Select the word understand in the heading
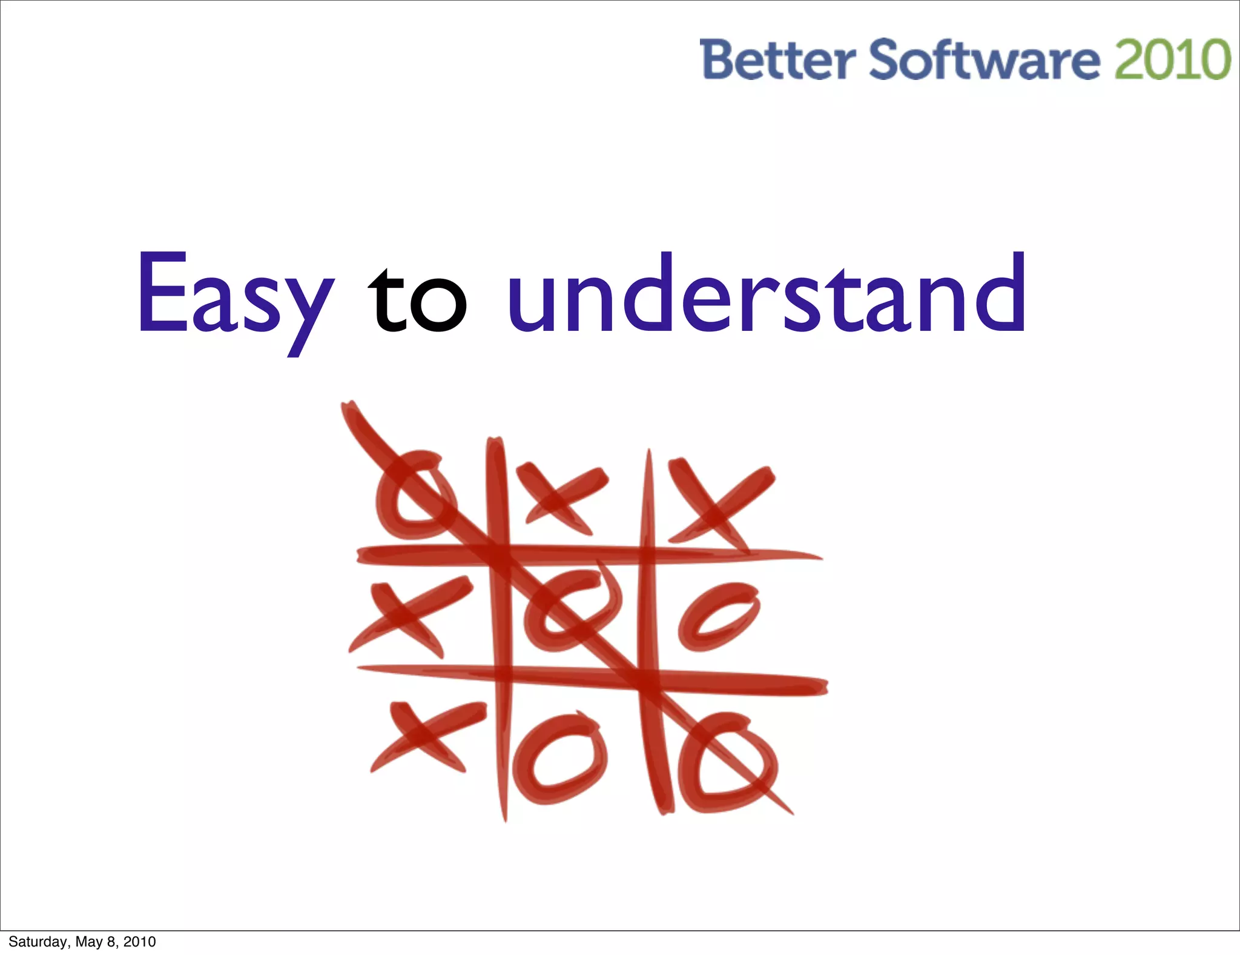[767, 294]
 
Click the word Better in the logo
[777, 60]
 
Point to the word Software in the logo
[984, 60]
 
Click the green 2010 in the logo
[1172, 60]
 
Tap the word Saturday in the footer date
[38, 942]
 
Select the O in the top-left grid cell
[414, 494]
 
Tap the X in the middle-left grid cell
[408, 615]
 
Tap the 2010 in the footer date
[140, 942]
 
